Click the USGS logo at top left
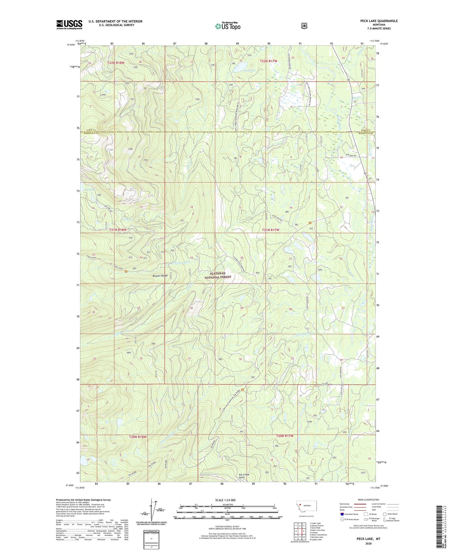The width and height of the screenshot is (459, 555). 69,24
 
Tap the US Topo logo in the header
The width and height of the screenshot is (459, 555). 227,26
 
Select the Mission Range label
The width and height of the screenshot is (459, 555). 160,276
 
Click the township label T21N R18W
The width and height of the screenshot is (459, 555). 118,230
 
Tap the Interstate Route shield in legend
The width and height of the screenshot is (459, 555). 342,514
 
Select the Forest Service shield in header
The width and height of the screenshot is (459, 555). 304,26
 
